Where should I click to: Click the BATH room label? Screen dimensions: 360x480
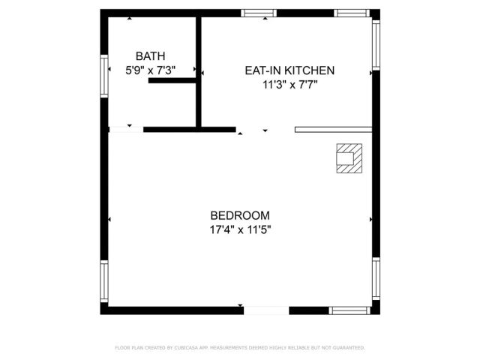[150, 56]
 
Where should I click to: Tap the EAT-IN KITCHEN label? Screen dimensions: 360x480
[289, 70]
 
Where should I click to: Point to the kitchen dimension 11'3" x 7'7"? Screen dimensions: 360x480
[289, 85]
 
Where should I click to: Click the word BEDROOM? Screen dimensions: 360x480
[240, 215]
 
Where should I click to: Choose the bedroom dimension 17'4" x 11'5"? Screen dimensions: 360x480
[240, 230]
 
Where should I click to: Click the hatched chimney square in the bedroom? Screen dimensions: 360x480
[348, 158]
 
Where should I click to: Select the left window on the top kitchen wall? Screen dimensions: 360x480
[259, 13]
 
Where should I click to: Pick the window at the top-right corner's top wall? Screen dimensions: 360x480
[351, 13]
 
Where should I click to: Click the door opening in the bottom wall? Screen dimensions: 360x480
[266, 310]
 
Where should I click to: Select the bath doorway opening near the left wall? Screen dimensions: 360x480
[126, 130]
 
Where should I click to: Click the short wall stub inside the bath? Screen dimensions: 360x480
[172, 79]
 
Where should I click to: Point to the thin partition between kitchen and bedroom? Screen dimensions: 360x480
[333, 130]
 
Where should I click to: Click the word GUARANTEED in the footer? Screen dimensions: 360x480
[346, 348]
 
